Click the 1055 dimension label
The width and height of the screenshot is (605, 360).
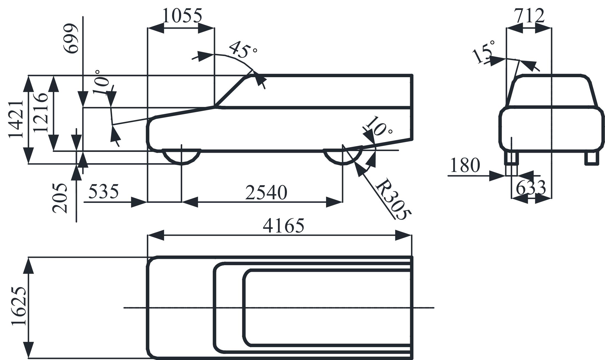coord(182,16)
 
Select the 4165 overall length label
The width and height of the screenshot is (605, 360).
coord(284,226)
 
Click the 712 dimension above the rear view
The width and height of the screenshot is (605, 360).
coord(530,16)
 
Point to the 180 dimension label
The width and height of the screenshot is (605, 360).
coord(465,165)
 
